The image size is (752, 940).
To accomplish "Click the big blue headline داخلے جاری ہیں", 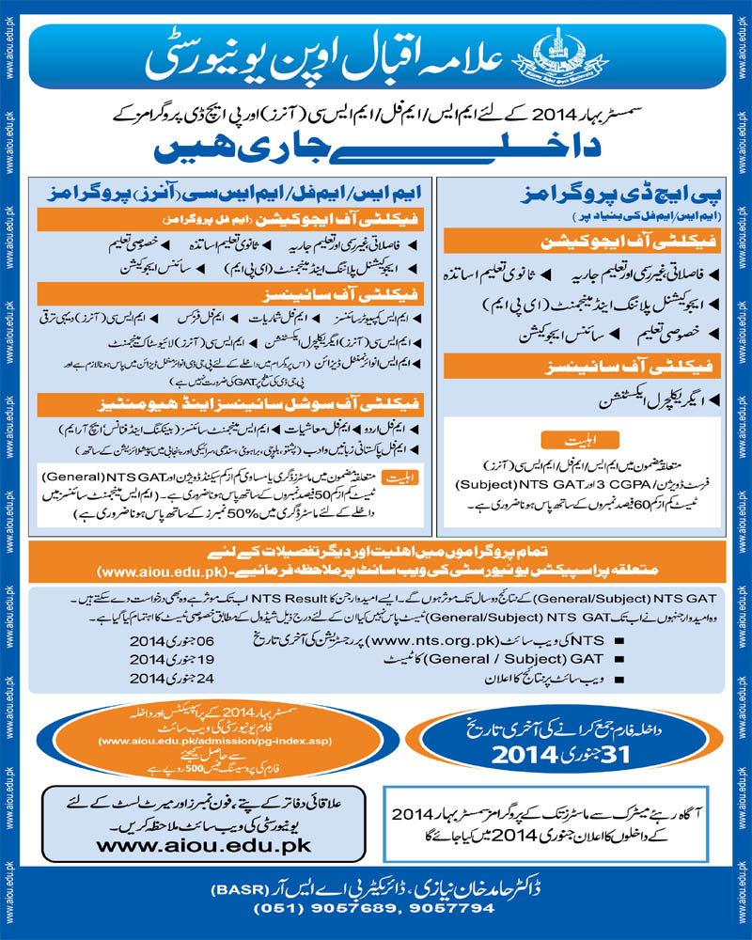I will coord(376,148).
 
